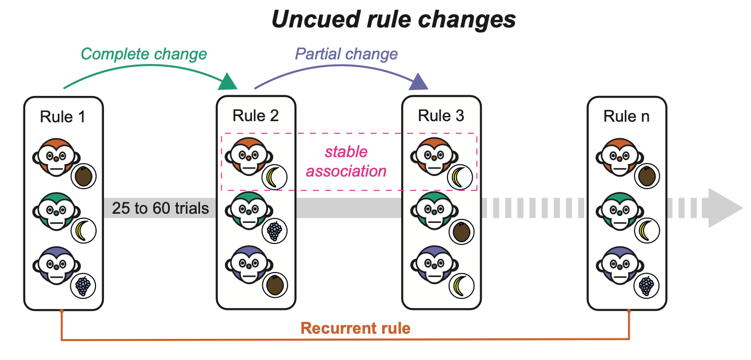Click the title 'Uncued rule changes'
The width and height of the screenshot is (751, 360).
click(393, 19)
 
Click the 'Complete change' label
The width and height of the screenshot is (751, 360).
click(143, 54)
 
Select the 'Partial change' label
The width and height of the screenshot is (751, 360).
click(346, 54)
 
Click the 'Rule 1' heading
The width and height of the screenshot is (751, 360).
click(63, 117)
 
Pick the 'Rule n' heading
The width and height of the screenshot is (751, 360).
click(626, 117)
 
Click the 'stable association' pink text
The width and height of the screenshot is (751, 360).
click(346, 162)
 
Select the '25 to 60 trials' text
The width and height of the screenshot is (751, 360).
click(161, 209)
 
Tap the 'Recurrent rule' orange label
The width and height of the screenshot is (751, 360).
click(355, 329)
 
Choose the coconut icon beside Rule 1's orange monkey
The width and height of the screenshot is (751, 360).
click(84, 176)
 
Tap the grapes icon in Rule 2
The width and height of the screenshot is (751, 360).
click(275, 231)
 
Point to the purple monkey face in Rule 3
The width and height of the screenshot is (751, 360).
click(433, 263)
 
